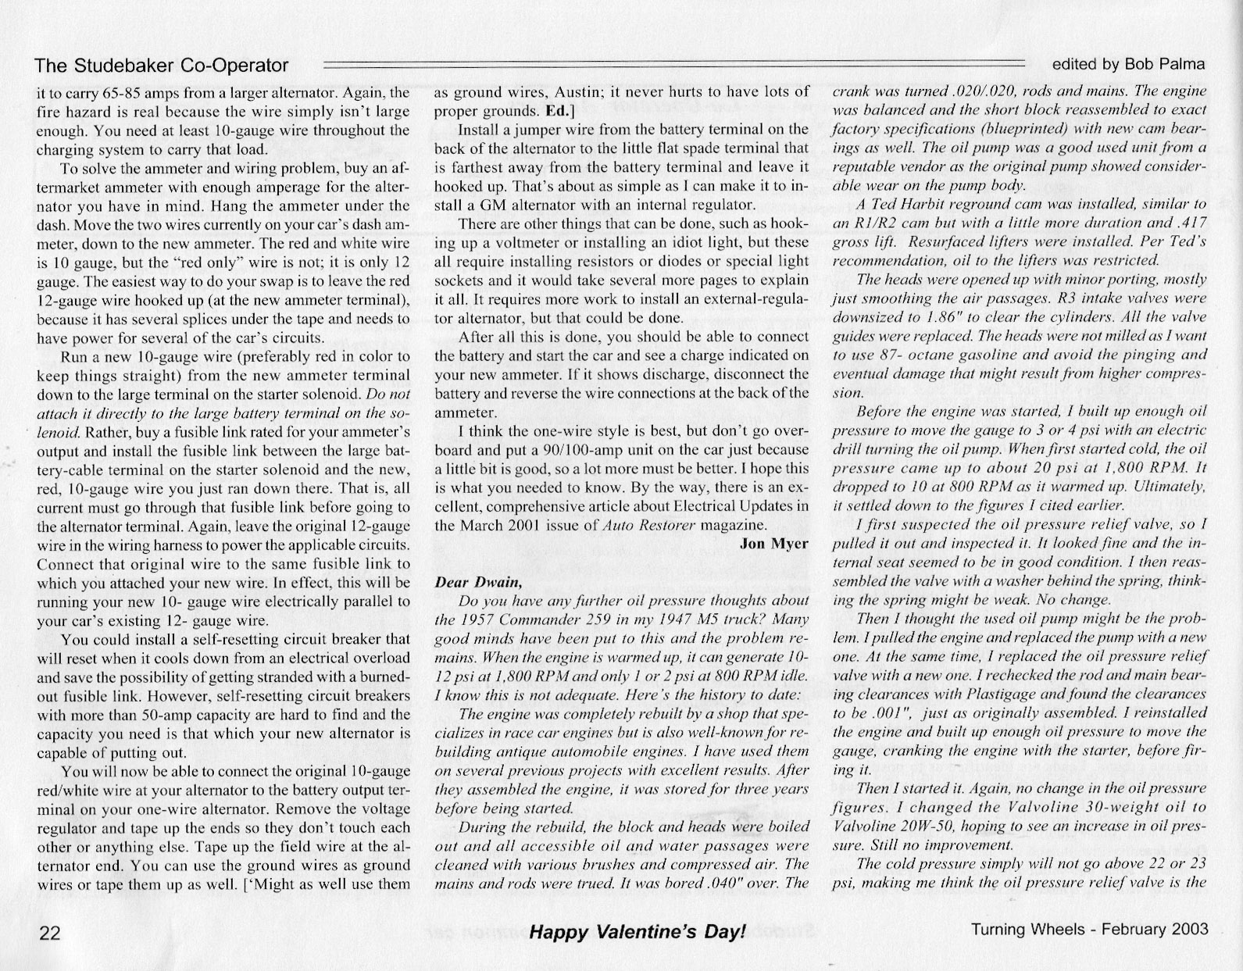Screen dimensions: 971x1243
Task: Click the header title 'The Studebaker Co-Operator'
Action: pos(162,66)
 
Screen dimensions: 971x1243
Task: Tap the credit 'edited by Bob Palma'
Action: pos(1128,64)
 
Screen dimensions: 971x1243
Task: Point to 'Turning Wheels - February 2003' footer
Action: pos(1089,930)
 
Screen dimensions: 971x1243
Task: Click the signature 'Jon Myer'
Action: pos(773,544)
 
